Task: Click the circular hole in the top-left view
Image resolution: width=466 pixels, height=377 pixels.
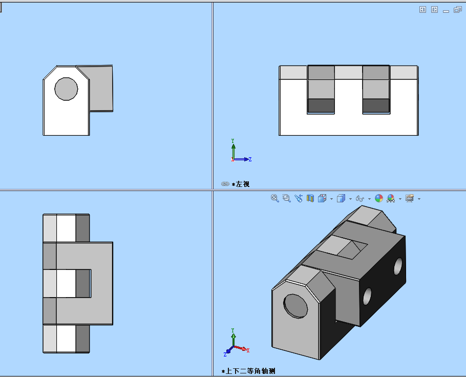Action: (x=66, y=89)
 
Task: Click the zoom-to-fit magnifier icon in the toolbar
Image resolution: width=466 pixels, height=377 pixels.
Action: (x=275, y=198)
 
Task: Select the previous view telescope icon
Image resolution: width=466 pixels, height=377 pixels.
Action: (x=298, y=198)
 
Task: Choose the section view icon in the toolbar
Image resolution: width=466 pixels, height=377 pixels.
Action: (x=310, y=198)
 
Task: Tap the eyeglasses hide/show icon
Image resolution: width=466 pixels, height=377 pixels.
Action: (x=360, y=198)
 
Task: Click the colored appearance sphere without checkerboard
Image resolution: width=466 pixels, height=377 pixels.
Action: (x=379, y=198)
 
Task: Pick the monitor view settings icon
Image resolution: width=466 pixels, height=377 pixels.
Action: (x=410, y=198)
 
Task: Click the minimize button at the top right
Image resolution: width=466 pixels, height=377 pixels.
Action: (x=446, y=10)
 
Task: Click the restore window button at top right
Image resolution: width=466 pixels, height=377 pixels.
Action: (x=457, y=9)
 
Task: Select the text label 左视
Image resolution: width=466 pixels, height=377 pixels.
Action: (x=243, y=184)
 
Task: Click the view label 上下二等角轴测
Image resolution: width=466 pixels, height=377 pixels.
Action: (x=251, y=371)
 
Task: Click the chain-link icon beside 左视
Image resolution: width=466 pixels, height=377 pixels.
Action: (x=225, y=184)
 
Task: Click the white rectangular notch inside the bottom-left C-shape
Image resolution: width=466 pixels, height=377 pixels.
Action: (x=66, y=284)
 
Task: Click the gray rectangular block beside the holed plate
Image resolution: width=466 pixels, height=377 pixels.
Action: (x=101, y=88)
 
